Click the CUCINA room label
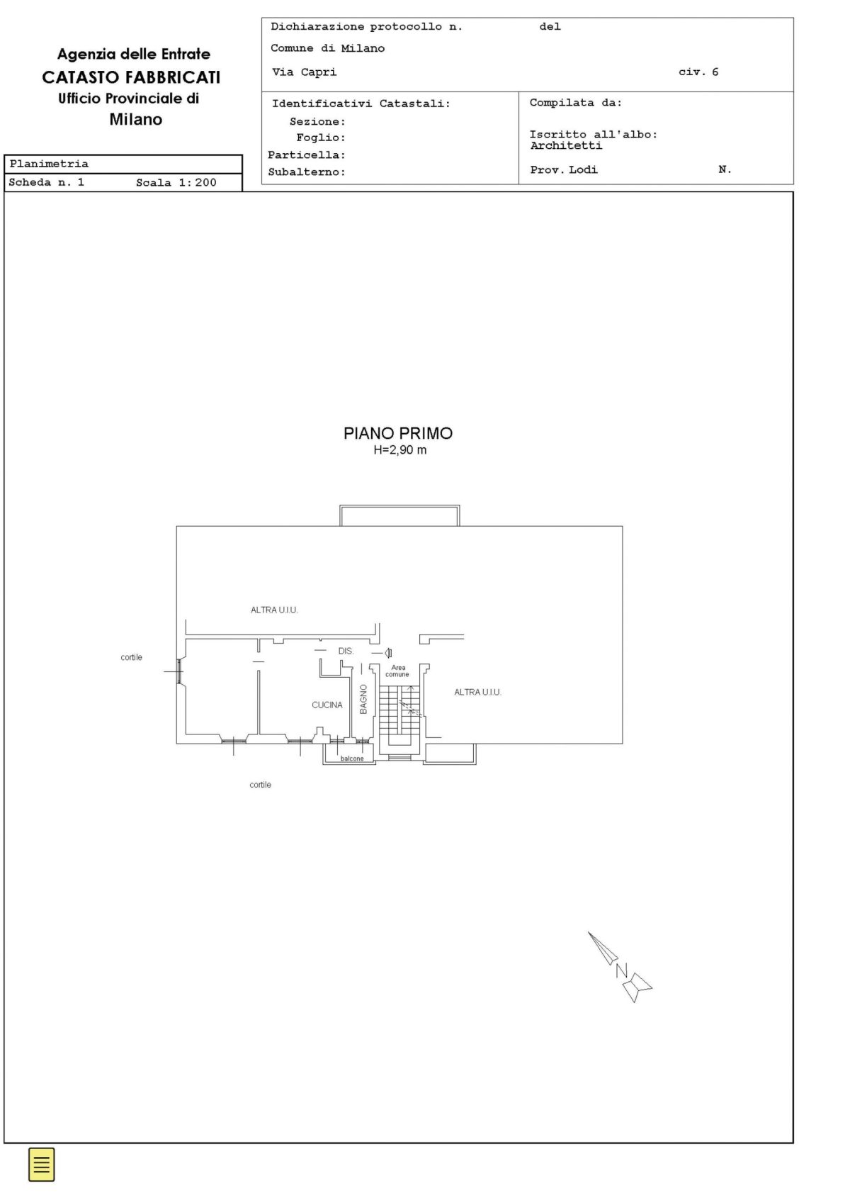tap(327, 705)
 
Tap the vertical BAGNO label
tap(363, 699)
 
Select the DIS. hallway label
tap(346, 651)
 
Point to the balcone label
tap(352, 759)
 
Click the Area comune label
tap(397, 671)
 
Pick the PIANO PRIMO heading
tap(398, 433)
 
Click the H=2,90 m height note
tap(400, 450)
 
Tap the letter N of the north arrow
tap(621, 970)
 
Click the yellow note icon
tap(41, 1165)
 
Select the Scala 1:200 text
tap(176, 183)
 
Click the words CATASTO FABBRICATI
tap(132, 77)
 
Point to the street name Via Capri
tap(305, 72)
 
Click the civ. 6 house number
tap(698, 72)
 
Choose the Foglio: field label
tap(321, 138)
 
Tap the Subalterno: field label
tap(307, 172)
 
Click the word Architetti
tap(566, 145)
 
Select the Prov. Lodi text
tap(563, 169)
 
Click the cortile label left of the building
tap(132, 657)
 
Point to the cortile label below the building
tap(260, 785)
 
